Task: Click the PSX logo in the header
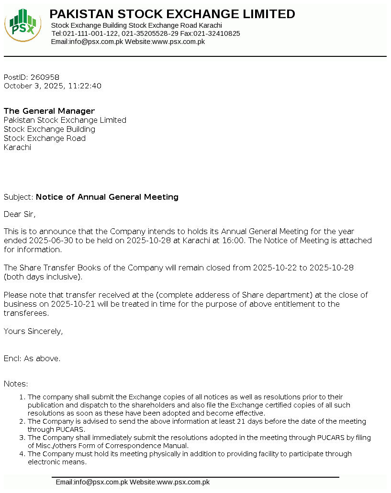pos(22,25)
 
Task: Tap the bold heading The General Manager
pos(49,111)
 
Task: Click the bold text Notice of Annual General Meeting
pos(107,197)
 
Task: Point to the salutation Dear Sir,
pos(20,214)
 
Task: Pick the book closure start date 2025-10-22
pos(275,268)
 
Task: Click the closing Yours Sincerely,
pos(33,331)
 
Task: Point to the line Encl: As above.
pos(32,358)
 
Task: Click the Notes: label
pos(16,384)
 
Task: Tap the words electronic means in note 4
pos(57,462)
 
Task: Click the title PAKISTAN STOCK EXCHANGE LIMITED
pos(172,14)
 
